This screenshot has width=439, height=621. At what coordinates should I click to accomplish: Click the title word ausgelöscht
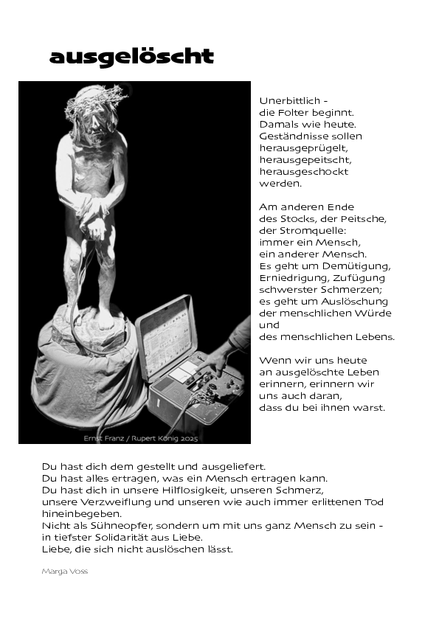(x=131, y=57)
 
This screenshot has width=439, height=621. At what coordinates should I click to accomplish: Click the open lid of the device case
(x=166, y=335)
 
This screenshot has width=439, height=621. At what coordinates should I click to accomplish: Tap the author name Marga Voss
(x=65, y=571)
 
